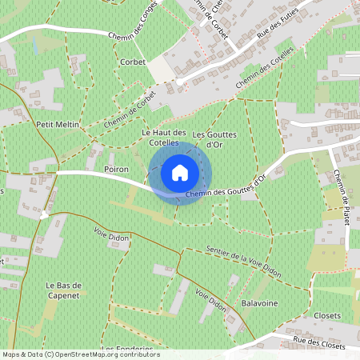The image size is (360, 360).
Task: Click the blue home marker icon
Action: [x=180, y=173]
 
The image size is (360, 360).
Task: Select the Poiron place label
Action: [x=117, y=170]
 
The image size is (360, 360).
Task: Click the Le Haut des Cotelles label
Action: [x=163, y=138]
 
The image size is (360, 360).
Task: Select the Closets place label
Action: [x=328, y=316]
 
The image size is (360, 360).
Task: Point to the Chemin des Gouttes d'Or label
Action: [x=226, y=186]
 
